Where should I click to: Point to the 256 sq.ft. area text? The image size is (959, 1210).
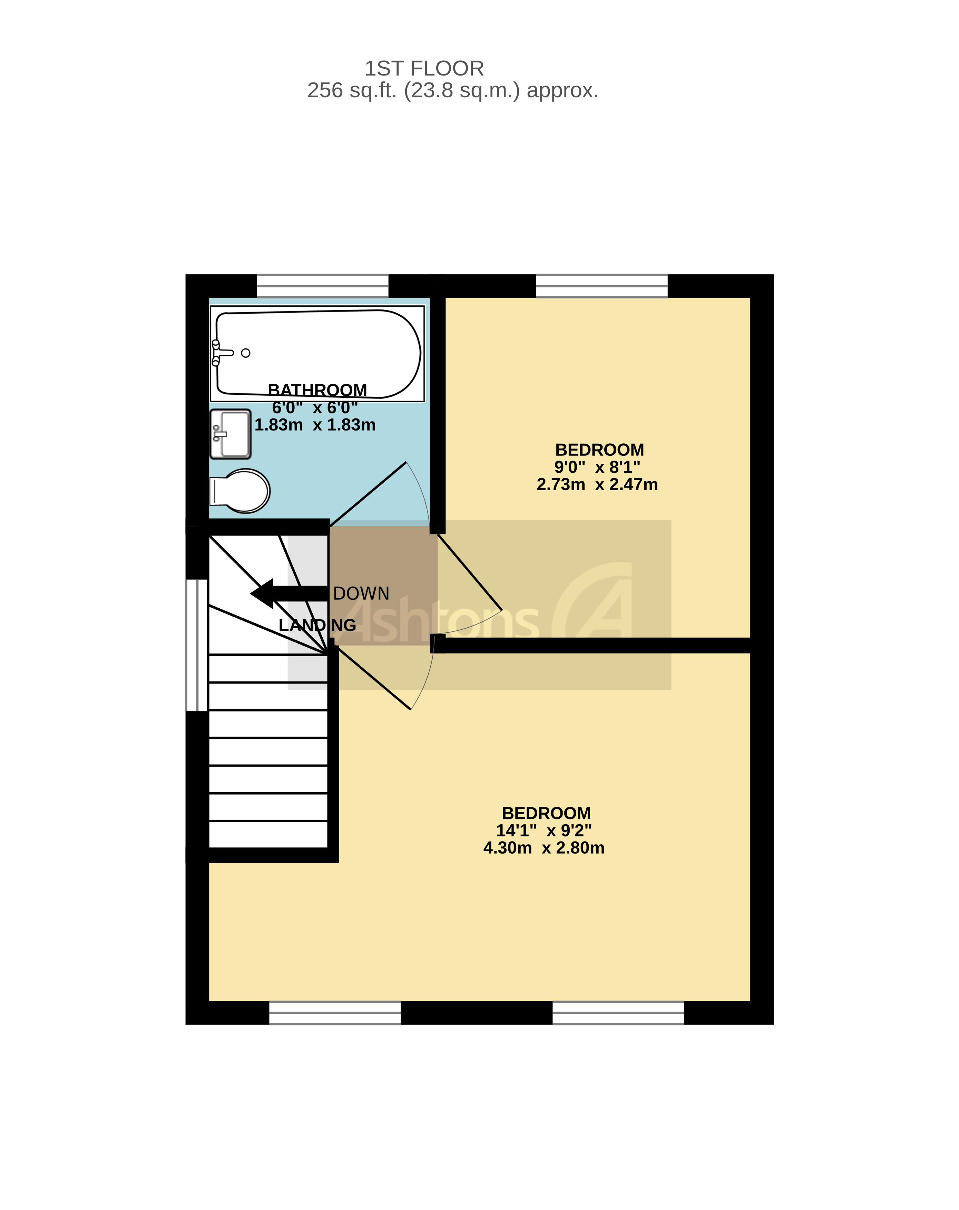[452, 90]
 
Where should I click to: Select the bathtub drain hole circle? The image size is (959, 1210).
[245, 353]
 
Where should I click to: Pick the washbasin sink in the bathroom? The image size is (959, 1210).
[230, 434]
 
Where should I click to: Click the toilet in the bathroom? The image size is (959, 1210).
[240, 491]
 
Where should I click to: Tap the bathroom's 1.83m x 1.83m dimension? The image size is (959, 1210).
[315, 425]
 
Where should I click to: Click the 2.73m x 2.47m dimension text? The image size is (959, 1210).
[597, 484]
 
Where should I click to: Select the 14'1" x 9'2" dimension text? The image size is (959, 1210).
[544, 830]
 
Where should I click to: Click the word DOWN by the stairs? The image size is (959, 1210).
[361, 593]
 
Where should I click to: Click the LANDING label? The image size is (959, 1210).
[317, 625]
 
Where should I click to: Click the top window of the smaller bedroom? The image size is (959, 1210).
[601, 286]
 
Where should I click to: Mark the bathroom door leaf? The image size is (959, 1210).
[368, 494]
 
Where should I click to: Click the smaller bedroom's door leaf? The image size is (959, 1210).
[469, 572]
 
